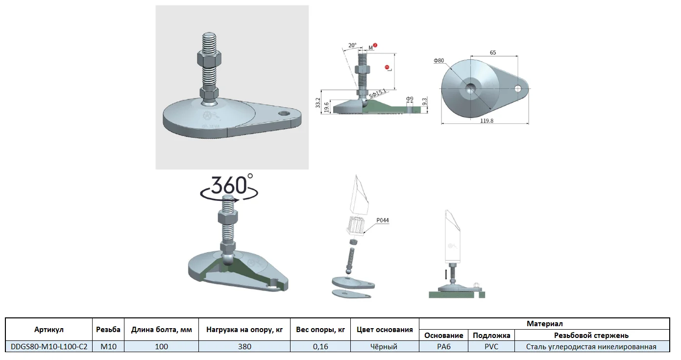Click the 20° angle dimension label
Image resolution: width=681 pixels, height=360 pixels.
[x=352, y=45]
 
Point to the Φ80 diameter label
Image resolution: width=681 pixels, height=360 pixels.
[x=438, y=61]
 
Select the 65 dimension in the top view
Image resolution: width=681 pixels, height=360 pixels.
[x=493, y=52]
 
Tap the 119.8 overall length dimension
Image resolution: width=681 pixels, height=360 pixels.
[x=486, y=120]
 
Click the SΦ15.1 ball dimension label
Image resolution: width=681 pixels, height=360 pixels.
[x=378, y=94]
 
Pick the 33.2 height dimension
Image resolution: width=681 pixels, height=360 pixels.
[x=317, y=103]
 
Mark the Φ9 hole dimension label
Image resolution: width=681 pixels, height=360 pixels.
[x=410, y=99]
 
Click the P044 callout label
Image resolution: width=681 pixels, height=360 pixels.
[x=383, y=220]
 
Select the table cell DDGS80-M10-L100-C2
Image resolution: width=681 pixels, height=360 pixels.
[x=49, y=347]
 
